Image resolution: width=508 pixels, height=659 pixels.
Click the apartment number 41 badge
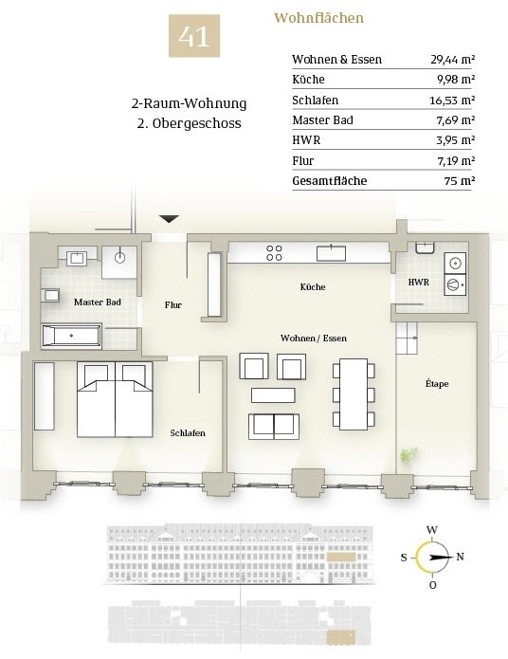(x=194, y=36)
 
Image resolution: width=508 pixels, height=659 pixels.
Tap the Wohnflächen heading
(x=318, y=18)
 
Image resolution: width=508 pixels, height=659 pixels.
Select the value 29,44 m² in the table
(x=452, y=59)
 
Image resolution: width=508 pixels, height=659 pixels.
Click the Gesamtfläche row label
(x=330, y=181)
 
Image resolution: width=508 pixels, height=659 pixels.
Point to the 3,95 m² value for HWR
(x=455, y=140)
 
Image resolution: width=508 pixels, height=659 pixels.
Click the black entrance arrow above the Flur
(x=169, y=218)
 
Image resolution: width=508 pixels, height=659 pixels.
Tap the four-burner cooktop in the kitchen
(x=274, y=252)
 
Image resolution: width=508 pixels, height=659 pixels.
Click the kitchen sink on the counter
(x=331, y=252)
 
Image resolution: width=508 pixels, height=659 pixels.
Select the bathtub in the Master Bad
(x=71, y=336)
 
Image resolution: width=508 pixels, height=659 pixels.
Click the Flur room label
(x=173, y=305)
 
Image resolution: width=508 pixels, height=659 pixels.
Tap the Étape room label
(x=437, y=383)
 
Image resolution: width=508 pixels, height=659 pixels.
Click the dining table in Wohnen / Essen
(x=354, y=394)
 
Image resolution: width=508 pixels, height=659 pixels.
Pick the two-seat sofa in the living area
(x=274, y=427)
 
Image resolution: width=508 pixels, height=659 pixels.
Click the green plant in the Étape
(x=409, y=455)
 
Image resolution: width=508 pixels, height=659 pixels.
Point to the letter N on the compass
(x=460, y=557)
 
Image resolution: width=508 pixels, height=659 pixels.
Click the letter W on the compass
(x=432, y=529)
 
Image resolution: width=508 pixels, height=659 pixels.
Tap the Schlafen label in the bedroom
(x=188, y=433)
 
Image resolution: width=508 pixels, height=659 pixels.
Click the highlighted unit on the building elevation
(x=341, y=558)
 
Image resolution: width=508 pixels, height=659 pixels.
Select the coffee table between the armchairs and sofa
(x=273, y=395)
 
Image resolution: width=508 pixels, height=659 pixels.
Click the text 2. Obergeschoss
(x=190, y=123)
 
